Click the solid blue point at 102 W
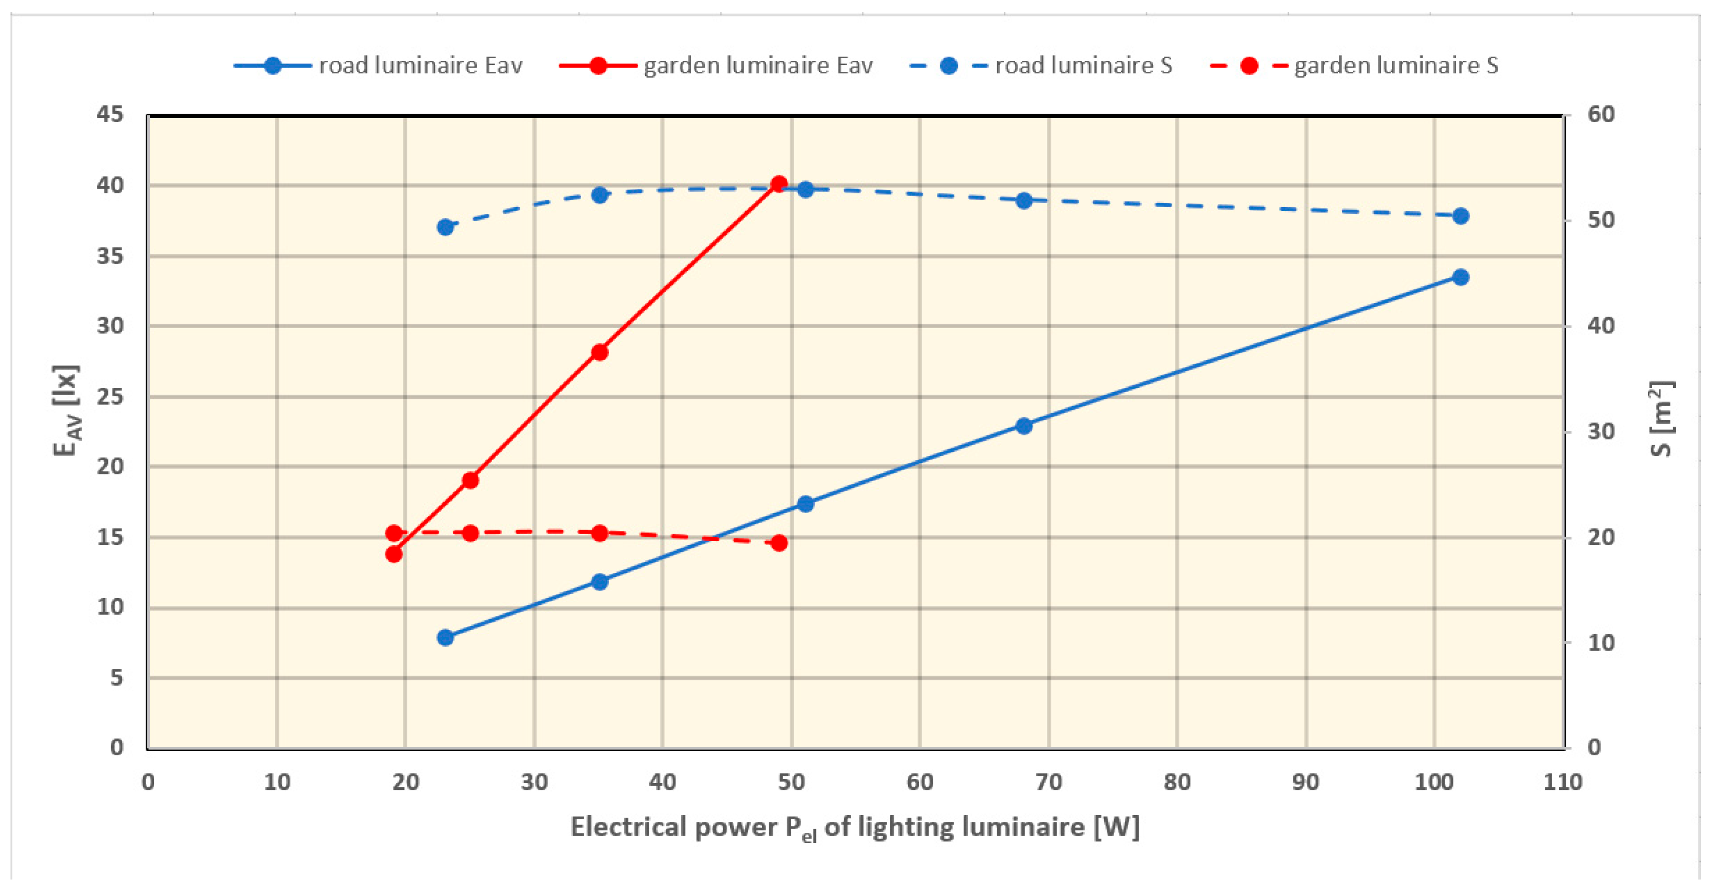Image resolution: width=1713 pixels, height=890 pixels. (1460, 277)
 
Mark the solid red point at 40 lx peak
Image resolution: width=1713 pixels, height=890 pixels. (779, 183)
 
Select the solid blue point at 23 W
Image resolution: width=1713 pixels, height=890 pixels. (445, 638)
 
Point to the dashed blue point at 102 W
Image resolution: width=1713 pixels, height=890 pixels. (1460, 216)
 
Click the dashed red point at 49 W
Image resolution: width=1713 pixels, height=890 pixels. (779, 544)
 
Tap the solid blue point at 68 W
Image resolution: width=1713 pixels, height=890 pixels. (1024, 426)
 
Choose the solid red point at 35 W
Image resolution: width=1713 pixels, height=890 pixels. (600, 353)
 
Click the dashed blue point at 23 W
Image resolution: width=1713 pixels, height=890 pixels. (445, 227)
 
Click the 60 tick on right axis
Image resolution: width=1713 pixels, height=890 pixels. (1601, 114)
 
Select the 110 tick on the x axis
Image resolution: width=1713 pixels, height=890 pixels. (1563, 782)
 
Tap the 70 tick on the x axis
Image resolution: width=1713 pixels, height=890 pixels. (1049, 782)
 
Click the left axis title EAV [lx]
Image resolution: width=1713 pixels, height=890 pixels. (67, 411)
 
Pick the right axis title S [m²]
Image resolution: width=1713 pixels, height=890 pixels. (1661, 419)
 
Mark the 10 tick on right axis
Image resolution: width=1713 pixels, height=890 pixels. (1601, 643)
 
